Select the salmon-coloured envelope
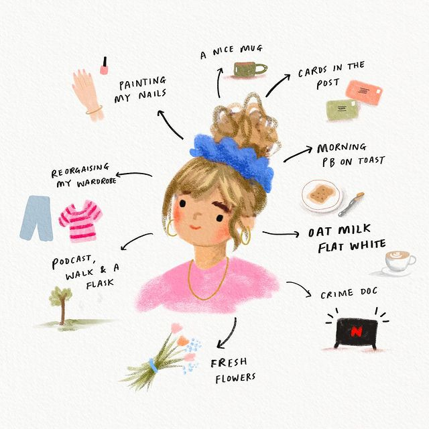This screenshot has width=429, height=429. (363, 93)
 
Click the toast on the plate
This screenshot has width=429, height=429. (320, 195)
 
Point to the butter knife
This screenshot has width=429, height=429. (351, 204)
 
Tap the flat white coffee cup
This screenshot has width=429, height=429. (400, 261)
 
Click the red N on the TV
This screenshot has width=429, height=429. (356, 332)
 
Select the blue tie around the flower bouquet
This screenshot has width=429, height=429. (154, 366)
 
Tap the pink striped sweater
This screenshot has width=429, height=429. (80, 221)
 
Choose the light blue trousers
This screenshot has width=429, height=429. (36, 219)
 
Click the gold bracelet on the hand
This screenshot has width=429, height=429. (94, 110)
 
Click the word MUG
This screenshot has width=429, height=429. (251, 49)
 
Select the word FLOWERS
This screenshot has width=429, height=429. (235, 378)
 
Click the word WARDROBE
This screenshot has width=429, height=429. (97, 182)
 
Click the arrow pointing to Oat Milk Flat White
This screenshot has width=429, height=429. (281, 234)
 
